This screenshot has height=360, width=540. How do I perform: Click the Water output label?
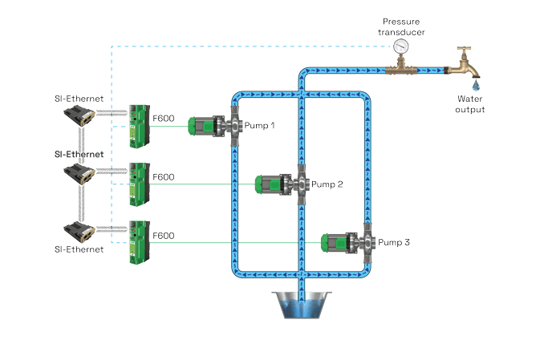pyautogui.click(x=472, y=103)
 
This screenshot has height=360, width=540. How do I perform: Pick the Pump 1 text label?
pyautogui.click(x=260, y=125)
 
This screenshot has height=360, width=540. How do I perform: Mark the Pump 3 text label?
pyautogui.click(x=394, y=241)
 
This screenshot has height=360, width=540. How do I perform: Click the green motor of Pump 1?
pyautogui.click(x=203, y=125)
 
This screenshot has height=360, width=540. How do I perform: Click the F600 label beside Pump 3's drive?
pyautogui.click(x=164, y=236)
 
